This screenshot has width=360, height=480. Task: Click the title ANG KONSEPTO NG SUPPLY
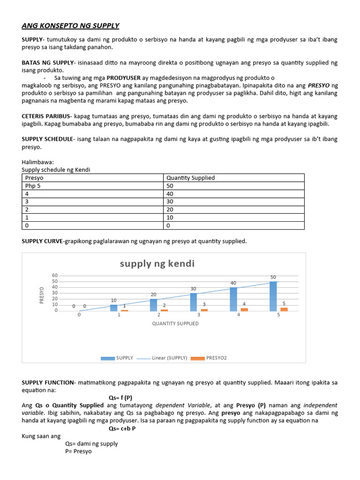pos(70,25)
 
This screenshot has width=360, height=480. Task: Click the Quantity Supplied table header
pos(191,178)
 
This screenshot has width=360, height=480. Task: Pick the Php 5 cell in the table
pos(33,186)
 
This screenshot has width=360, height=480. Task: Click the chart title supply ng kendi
pos(157,263)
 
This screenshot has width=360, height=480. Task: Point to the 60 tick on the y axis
pos(55,276)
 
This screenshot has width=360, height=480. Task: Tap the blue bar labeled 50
pos(273,296)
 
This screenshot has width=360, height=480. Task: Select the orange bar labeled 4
pos(244,309)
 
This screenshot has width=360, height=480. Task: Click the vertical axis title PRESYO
pos(42,295)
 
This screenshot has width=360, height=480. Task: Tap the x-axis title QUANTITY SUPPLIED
pos(175,323)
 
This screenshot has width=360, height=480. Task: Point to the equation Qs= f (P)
pos(120,397)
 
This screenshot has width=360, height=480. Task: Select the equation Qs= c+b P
pos(122,428)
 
